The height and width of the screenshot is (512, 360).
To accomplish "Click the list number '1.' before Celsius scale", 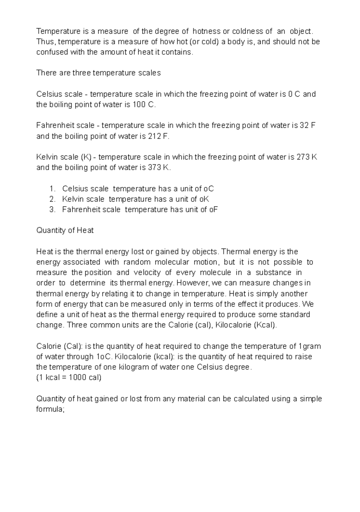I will [52, 189].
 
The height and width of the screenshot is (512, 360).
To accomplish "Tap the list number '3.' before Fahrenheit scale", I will [52, 209].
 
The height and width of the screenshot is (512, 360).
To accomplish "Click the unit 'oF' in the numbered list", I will [213, 209].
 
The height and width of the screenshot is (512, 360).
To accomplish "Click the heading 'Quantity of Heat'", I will [65, 230].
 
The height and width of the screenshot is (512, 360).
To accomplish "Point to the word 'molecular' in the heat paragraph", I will [172, 262].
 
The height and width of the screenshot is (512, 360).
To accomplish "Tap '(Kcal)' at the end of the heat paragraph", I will [265, 325].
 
